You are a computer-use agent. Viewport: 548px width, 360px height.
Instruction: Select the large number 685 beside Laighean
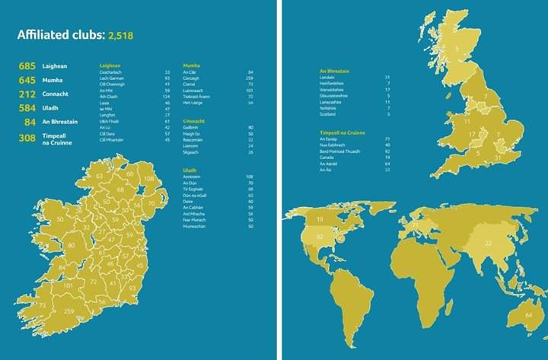[x=28, y=66]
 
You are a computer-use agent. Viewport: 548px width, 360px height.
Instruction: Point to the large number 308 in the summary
[x=28, y=139]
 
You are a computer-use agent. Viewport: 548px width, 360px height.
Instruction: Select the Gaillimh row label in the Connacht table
[x=194, y=127]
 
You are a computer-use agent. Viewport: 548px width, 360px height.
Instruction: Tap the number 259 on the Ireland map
[x=69, y=312]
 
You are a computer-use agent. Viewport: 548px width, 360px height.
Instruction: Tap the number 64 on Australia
[x=527, y=314]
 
